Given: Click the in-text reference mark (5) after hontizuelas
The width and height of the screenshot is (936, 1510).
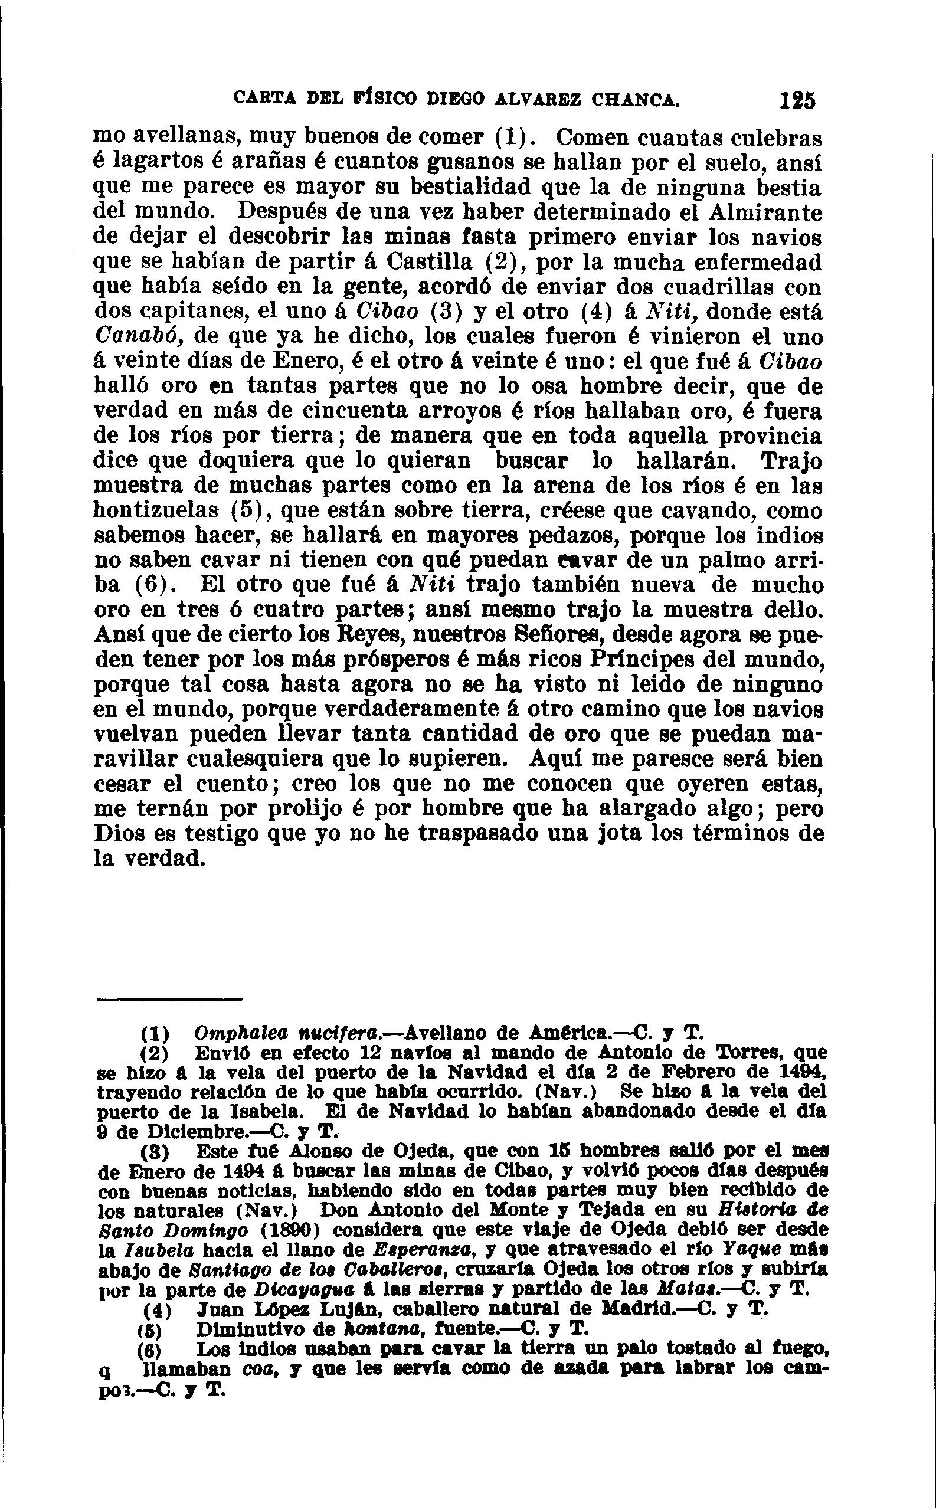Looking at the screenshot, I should (251, 511).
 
